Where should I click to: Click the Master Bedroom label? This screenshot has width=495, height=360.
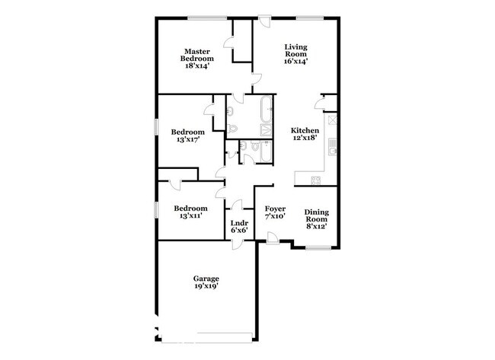pos(197,55)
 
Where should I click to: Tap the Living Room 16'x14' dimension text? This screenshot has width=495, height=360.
pos(295,62)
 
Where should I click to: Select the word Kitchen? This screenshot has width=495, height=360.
pos(305,130)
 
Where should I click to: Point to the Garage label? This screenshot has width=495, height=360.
pos(206,279)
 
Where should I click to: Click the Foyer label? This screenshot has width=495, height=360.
pos(275,209)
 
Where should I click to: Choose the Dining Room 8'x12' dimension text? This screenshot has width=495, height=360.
pos(316,226)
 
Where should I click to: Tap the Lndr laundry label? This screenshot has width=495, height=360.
pos(239,223)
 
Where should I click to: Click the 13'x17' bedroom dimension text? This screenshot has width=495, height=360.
pos(188,139)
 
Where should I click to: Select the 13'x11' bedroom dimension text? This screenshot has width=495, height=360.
pos(190,216)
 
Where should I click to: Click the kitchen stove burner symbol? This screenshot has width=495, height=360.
pos(316,180)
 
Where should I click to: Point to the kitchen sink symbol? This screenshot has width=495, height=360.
pos(333,147)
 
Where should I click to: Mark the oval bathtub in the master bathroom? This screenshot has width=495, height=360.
pos(266,110)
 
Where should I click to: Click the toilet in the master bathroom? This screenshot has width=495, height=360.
pos(232,129)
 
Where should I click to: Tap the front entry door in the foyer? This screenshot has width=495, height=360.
pos(273,238)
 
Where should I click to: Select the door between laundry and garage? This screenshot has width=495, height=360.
pos(237,245)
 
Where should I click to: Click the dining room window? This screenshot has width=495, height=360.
pos(318,248)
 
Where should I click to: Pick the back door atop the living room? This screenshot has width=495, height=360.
pos(264,21)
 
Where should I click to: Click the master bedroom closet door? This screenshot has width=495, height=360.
pos(228,43)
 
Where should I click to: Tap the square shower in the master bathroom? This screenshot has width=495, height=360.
pos(266,130)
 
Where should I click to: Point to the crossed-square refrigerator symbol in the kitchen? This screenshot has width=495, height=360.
pos(333,119)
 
